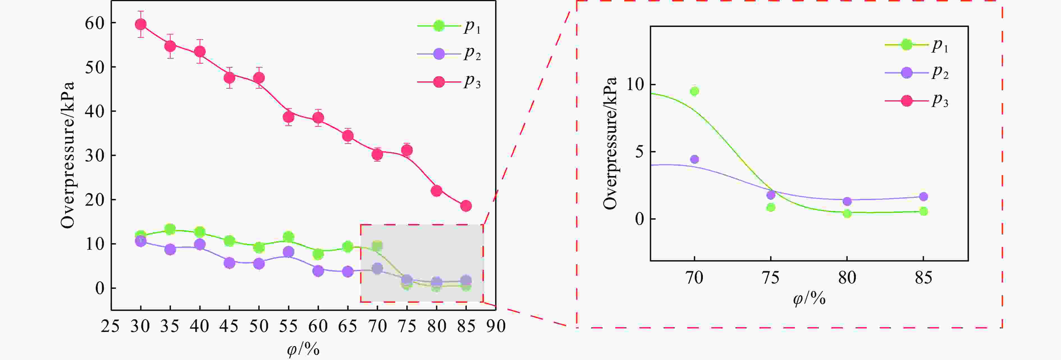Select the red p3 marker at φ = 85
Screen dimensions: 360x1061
pos(466,206)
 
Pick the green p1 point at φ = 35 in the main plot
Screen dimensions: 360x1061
pos(170,229)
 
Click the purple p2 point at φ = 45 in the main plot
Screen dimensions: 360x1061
pos(229,263)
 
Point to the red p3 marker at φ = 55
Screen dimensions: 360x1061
pos(288,117)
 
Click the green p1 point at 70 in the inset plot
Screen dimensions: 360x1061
pos(694,91)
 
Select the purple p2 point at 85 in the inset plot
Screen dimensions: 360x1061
pos(923,196)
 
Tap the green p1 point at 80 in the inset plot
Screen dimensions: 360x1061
pos(847,213)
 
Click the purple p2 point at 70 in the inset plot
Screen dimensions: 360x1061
pos(694,159)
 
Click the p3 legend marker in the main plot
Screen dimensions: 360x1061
pos(439,82)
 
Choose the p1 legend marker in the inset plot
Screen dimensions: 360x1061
pos(907,45)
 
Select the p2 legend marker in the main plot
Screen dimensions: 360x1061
pos(439,54)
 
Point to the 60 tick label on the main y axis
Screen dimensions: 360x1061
pos(94,23)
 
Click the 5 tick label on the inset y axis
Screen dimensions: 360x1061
pos(639,152)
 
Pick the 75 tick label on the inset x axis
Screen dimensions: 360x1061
pos(770,278)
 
